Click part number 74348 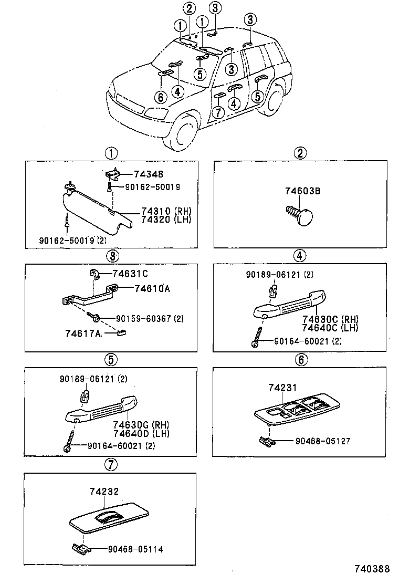point(149,174)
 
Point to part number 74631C point(130,273)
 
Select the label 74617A point(83,333)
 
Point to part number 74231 point(282,388)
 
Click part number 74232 point(104,492)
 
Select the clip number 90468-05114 point(135,549)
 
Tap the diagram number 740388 point(371,569)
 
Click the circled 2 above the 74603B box point(300,153)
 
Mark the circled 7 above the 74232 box point(110,464)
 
